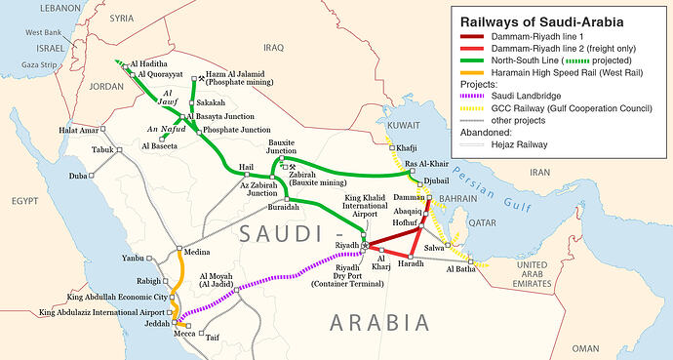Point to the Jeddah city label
pos(155,322)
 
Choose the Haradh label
pos(412,264)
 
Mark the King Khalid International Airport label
pos(360,208)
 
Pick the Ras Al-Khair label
pos(425,164)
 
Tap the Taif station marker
pos(202,335)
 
